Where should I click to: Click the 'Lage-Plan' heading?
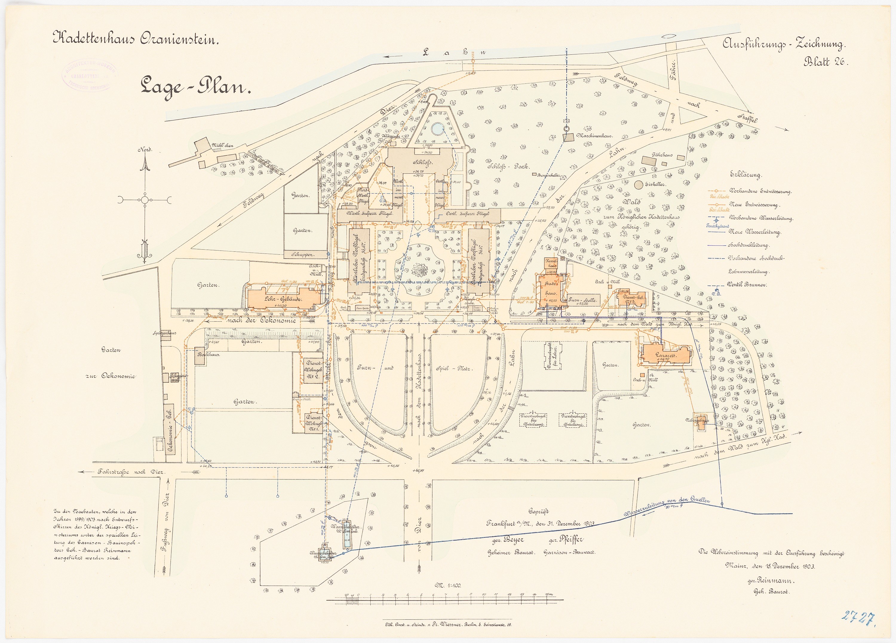(x=196, y=86)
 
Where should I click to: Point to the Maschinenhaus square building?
(x=568, y=137)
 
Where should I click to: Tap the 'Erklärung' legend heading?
(x=746, y=175)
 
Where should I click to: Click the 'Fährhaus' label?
(x=662, y=155)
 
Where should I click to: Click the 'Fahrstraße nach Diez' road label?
(x=129, y=472)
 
